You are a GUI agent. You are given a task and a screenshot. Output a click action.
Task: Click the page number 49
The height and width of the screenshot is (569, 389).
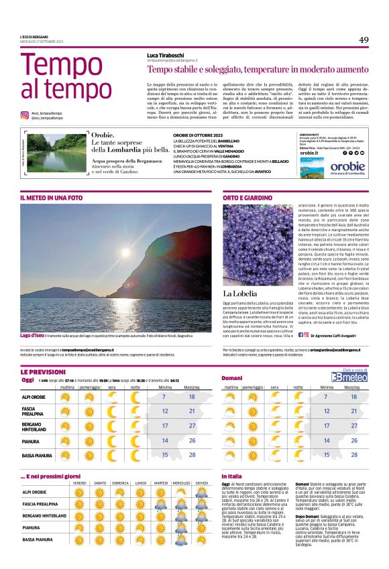(364, 40)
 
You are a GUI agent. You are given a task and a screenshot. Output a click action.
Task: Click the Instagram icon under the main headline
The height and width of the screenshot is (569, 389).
(24, 115)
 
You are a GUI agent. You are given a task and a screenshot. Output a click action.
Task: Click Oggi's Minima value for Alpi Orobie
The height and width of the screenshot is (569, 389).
(164, 397)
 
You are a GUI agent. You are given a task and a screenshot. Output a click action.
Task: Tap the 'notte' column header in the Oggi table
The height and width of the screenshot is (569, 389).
(135, 387)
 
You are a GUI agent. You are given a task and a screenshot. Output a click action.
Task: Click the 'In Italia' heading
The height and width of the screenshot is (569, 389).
(231, 476)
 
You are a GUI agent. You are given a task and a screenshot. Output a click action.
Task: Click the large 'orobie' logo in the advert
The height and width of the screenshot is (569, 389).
(347, 166)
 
